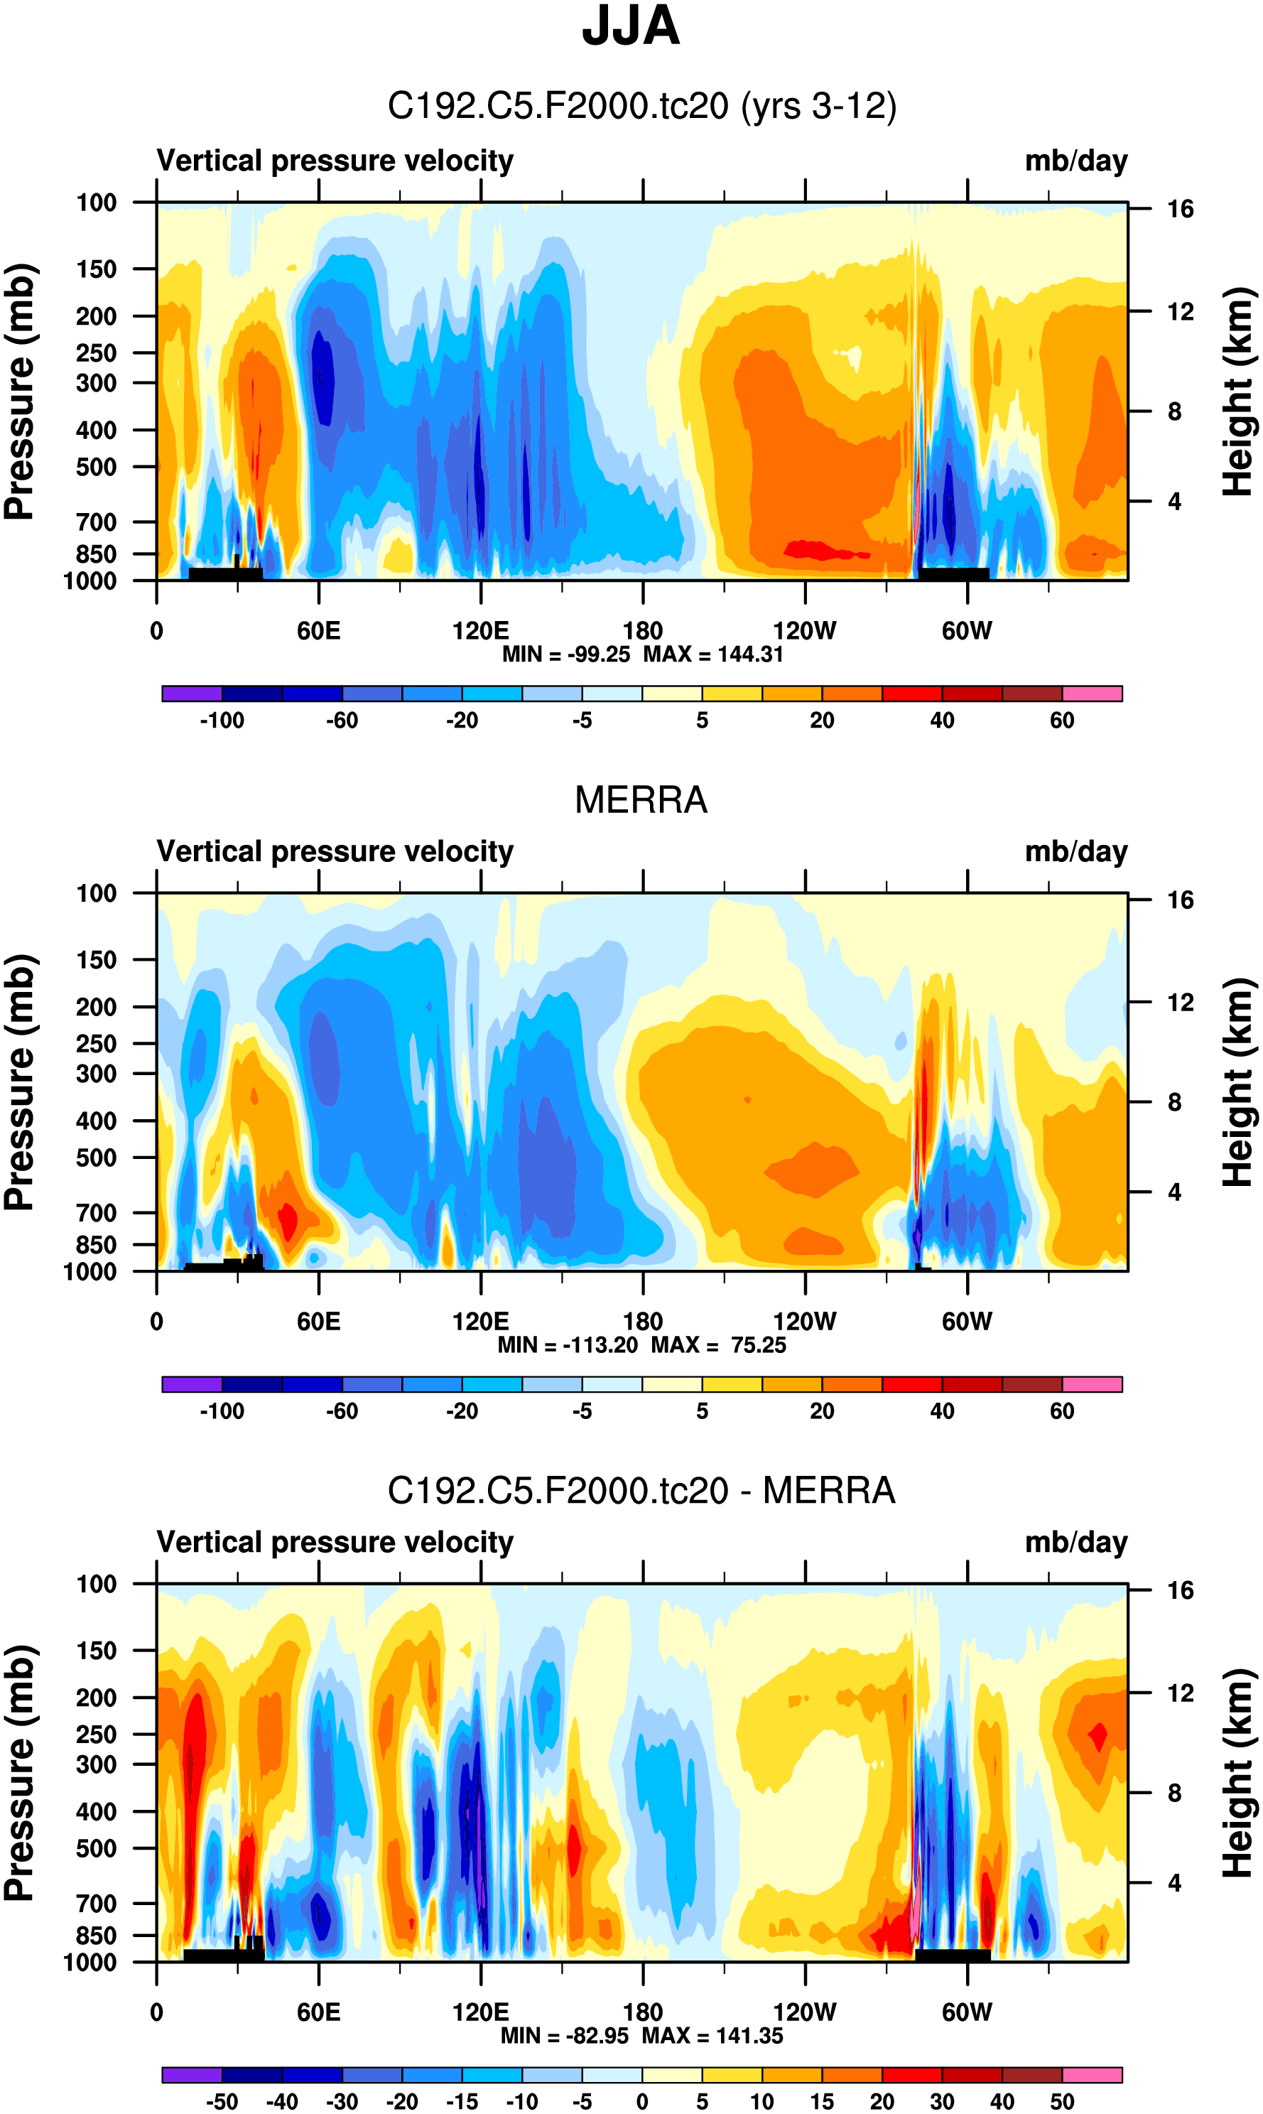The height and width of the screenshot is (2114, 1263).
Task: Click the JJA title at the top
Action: point(631,26)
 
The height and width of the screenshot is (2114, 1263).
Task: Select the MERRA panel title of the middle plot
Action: point(641,800)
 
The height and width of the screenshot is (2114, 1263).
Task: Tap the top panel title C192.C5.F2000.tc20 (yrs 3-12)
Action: point(641,107)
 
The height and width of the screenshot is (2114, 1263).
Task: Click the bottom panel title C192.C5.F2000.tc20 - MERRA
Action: point(641,1491)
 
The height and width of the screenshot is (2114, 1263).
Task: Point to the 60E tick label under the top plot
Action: point(318,631)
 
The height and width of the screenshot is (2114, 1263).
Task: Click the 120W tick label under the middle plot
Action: point(804,1322)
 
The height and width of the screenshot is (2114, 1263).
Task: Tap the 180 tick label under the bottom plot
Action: point(643,2012)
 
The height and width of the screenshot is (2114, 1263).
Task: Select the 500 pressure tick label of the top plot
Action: point(96,468)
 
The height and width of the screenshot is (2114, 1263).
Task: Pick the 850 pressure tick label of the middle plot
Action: point(96,1245)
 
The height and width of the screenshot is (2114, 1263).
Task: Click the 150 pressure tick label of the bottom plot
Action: point(96,1651)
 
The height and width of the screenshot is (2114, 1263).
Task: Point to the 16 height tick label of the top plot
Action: point(1180,210)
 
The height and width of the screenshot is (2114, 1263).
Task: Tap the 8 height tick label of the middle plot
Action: point(1174,1103)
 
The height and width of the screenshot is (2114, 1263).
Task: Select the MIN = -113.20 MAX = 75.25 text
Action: point(641,1345)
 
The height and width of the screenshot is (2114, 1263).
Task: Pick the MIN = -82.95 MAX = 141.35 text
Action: point(641,2036)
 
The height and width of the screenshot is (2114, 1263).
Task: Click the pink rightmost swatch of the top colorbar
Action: point(1092,693)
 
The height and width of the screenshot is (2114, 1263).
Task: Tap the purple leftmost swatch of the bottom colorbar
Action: point(192,2075)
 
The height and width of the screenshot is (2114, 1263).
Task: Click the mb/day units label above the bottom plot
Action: point(1075,1542)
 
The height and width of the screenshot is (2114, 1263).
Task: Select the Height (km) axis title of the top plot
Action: point(1238,392)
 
